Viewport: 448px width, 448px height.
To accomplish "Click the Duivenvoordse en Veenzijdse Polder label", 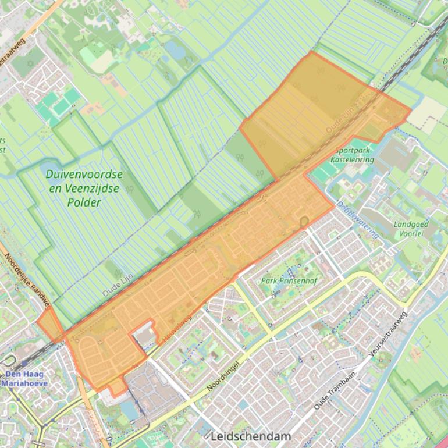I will (84, 188).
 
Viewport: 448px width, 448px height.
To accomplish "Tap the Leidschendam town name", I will (251, 436).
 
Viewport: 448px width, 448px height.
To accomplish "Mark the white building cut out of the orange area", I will (144, 335).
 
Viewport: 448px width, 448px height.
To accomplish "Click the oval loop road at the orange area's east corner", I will (304, 222).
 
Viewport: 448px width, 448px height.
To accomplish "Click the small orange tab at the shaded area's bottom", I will (118, 387).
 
